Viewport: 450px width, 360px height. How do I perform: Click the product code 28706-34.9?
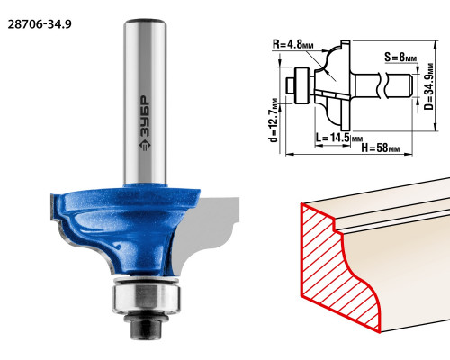[40, 24]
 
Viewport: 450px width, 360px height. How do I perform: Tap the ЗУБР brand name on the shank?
[145, 116]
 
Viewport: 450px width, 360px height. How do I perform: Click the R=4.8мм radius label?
[293, 44]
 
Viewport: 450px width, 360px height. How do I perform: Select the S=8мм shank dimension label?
[400, 57]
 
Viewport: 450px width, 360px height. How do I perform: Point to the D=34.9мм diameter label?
[429, 86]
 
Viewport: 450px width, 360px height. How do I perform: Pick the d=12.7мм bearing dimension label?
[274, 121]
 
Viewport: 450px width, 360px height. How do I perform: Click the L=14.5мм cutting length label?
[339, 138]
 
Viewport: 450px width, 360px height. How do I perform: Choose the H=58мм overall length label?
[381, 148]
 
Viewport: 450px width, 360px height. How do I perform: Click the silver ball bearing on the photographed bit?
[147, 298]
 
